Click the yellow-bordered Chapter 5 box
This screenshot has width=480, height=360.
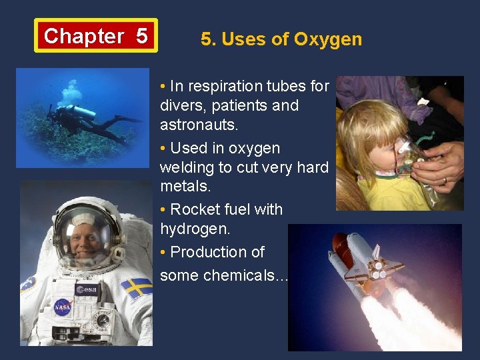coord(96,35)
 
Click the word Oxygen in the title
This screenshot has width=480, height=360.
coord(327,39)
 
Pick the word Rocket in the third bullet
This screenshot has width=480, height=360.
coord(193,209)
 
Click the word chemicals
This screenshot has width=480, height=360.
coord(246,275)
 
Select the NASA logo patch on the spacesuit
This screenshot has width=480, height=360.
coord(62,307)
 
